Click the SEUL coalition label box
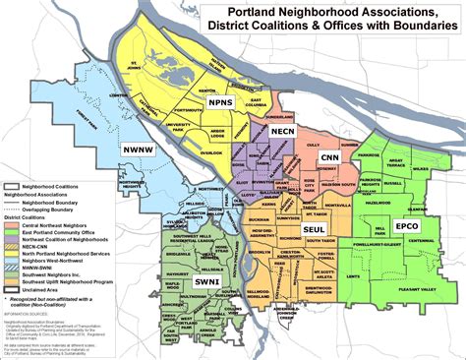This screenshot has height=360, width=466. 315,229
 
